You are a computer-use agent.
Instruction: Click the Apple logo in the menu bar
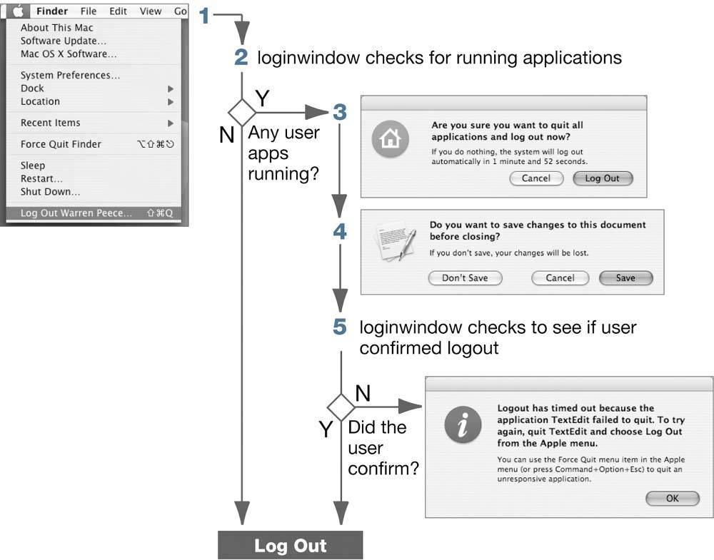coord(19,11)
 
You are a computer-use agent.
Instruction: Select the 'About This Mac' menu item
coord(57,28)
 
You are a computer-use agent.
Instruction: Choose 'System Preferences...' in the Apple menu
coord(70,75)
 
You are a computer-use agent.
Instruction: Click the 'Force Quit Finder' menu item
coord(61,144)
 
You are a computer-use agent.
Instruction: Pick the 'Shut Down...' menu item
coord(50,192)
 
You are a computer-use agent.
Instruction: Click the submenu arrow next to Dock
coord(171,88)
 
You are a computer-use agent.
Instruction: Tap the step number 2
coord(241,57)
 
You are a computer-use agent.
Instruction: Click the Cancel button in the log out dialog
coord(536,178)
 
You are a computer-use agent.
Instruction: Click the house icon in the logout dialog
coord(391,138)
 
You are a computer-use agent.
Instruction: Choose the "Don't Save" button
coord(465,278)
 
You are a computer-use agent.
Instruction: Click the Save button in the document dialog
coord(625,278)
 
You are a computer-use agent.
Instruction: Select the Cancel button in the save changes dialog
coord(560,278)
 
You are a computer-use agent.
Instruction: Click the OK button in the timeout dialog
coord(673,498)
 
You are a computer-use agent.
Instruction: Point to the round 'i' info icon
coord(463,425)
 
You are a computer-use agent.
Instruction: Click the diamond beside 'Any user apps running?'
coord(242,113)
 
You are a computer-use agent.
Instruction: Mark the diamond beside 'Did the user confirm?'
coord(341,407)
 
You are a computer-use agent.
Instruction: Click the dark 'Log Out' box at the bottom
coord(291,545)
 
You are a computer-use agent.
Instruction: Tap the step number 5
coord(340,327)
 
